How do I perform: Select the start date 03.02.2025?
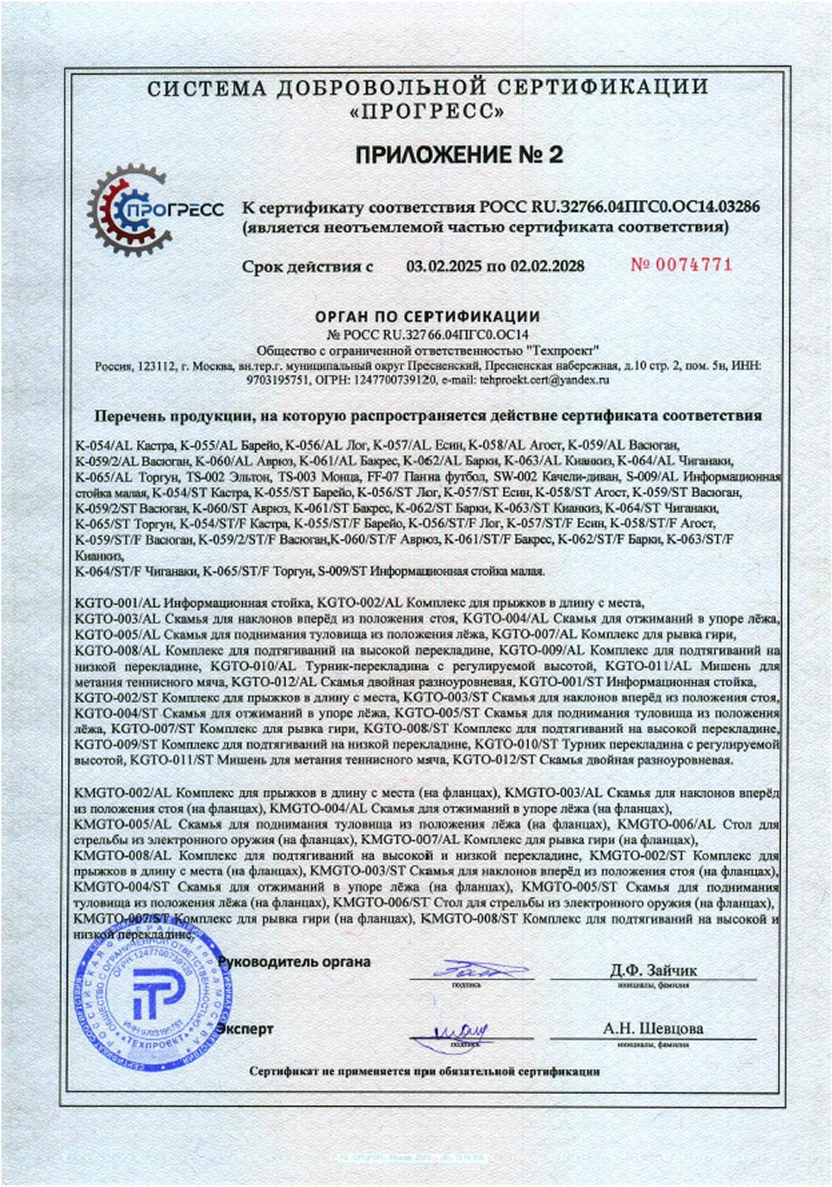(444, 266)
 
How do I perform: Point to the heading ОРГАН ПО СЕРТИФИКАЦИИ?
(427, 317)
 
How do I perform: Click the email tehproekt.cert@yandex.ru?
(544, 379)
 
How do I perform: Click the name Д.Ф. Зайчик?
(654, 971)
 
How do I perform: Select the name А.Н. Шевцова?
(653, 1029)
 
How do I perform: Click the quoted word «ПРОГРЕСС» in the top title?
(427, 112)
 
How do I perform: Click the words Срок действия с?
(307, 266)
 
